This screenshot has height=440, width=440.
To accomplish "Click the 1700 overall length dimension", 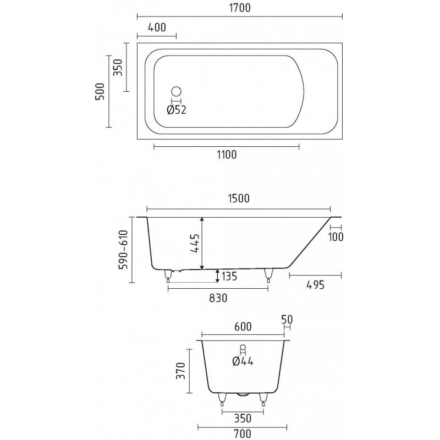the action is (240, 8).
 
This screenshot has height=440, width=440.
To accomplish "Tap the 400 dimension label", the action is (157, 28).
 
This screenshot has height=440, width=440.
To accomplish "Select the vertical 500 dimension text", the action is (100, 91).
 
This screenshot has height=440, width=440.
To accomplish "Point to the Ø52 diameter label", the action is (177, 109).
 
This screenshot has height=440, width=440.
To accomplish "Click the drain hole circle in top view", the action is (176, 91).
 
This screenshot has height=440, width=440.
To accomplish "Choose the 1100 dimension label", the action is (227, 155).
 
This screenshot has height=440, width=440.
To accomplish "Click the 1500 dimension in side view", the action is (239, 199).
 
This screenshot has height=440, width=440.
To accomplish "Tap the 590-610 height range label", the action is (123, 250).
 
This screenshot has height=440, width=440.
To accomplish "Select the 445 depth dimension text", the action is (195, 243).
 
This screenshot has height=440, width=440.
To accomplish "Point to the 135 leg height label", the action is (229, 276).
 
